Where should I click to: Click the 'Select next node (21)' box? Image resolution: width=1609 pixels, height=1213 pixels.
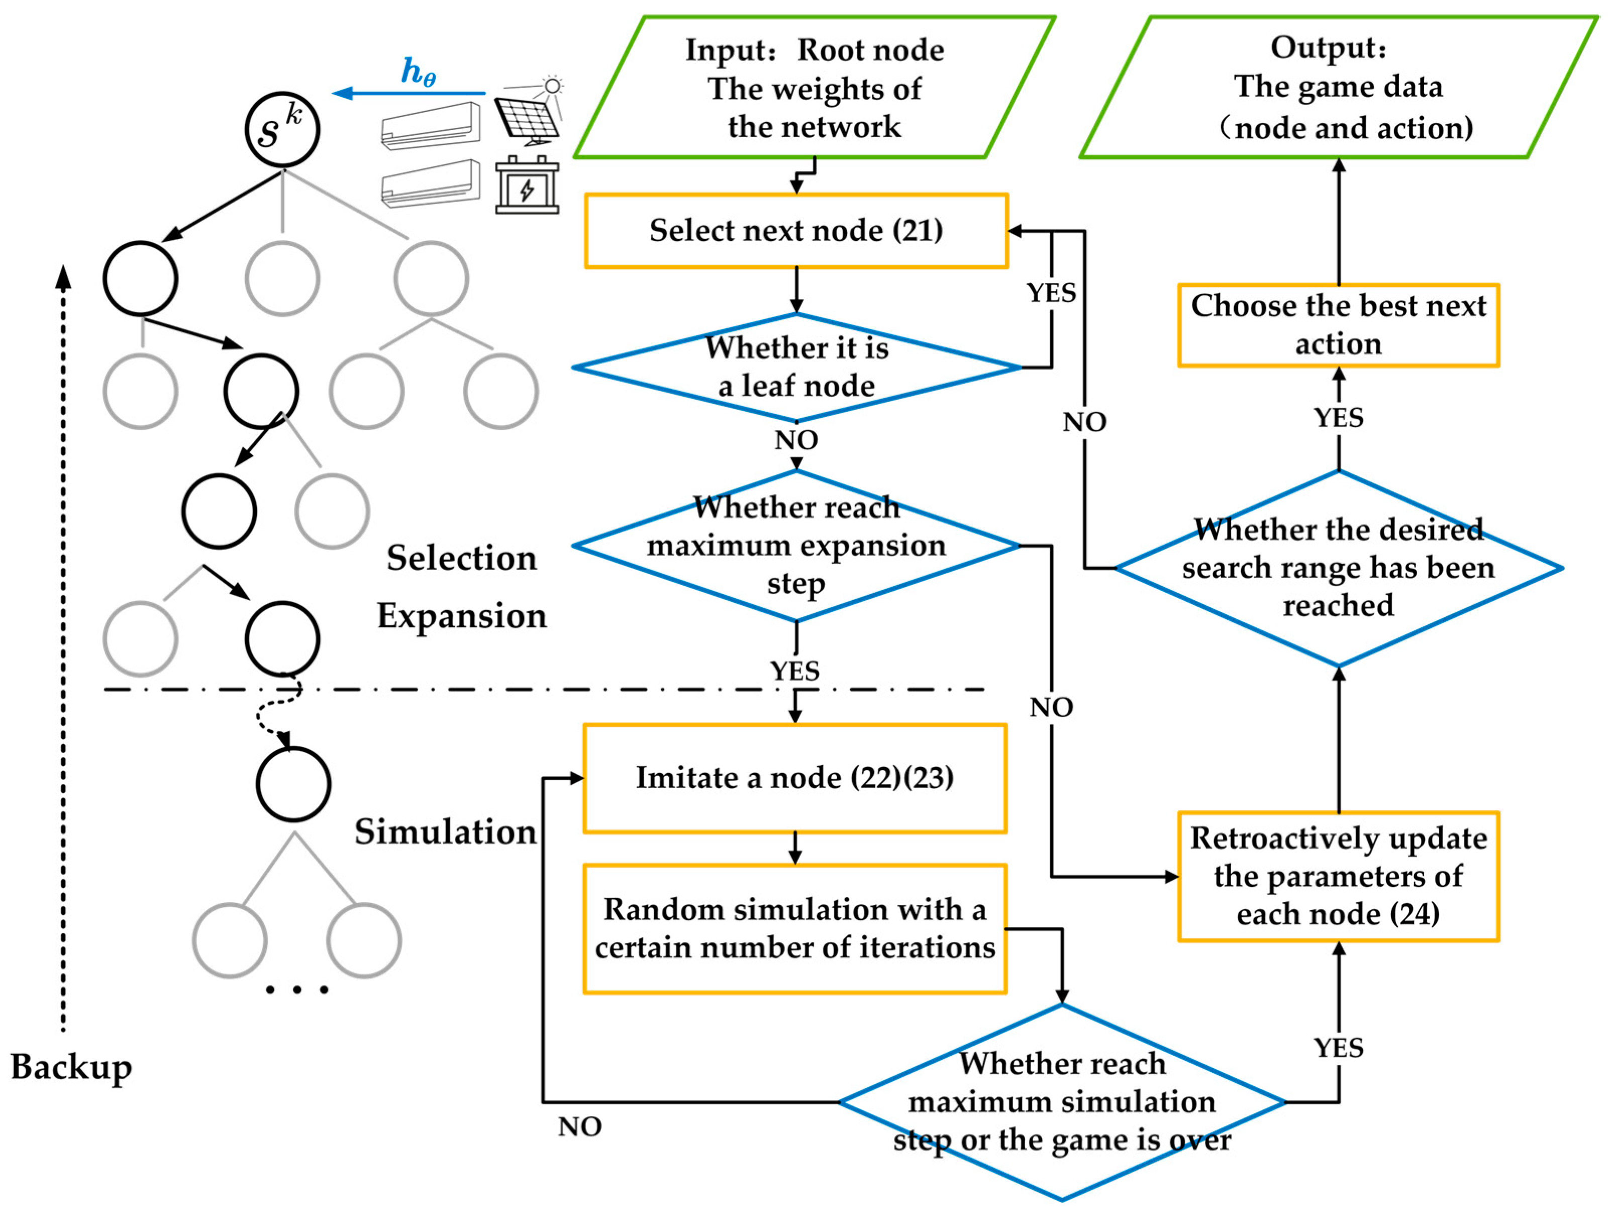pos(796,231)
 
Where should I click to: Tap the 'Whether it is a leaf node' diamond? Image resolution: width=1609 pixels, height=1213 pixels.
pos(796,367)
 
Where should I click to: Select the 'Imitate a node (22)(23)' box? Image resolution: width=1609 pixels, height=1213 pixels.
pos(794,778)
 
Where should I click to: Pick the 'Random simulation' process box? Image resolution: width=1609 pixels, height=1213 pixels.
pos(794,928)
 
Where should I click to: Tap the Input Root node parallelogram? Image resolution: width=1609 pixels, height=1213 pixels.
pos(814,87)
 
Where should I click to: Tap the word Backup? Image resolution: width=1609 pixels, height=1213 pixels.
pos(71,1067)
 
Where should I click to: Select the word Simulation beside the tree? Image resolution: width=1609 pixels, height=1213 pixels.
pos(445,832)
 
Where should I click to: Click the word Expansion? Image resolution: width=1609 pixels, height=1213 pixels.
pos(461,616)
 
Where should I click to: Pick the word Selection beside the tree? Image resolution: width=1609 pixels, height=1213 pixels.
pos(461,558)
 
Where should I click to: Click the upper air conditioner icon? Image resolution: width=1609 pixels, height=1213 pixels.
pos(431,126)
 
